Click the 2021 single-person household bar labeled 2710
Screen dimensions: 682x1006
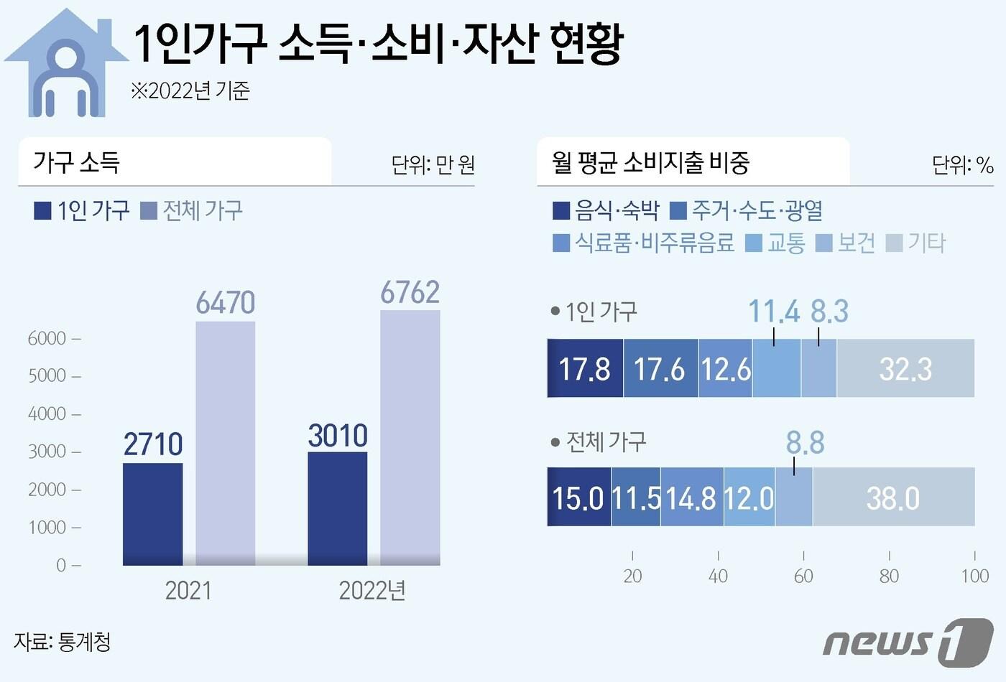pyautogui.click(x=152, y=513)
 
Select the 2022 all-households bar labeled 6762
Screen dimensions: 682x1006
pyautogui.click(x=410, y=438)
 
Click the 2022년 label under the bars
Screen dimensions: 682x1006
pyautogui.click(x=372, y=591)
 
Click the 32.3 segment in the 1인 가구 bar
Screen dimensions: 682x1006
pyautogui.click(x=905, y=369)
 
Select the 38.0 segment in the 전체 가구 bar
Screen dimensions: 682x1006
pyautogui.click(x=892, y=498)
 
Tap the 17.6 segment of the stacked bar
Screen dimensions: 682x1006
pyautogui.click(x=660, y=369)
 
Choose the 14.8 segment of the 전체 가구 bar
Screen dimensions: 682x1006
pyautogui.click(x=691, y=498)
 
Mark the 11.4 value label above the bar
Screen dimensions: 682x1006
pyautogui.click(x=774, y=312)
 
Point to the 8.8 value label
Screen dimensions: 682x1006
pyautogui.click(x=805, y=443)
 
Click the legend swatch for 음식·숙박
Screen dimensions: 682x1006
pyautogui.click(x=561, y=211)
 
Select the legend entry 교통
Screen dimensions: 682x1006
pyautogui.click(x=785, y=243)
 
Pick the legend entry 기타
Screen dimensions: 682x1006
pyautogui.click(x=926, y=243)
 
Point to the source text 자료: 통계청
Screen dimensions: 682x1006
pyautogui.click(x=63, y=641)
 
